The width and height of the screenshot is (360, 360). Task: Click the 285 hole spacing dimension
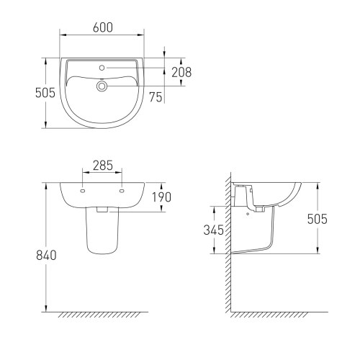coord(103,166)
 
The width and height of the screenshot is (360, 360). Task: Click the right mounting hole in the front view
coord(122,192)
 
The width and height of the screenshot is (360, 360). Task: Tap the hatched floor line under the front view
coord(102,315)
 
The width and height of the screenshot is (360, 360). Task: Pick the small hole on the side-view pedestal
coord(249,213)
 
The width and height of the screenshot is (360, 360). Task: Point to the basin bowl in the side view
coord(281,193)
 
